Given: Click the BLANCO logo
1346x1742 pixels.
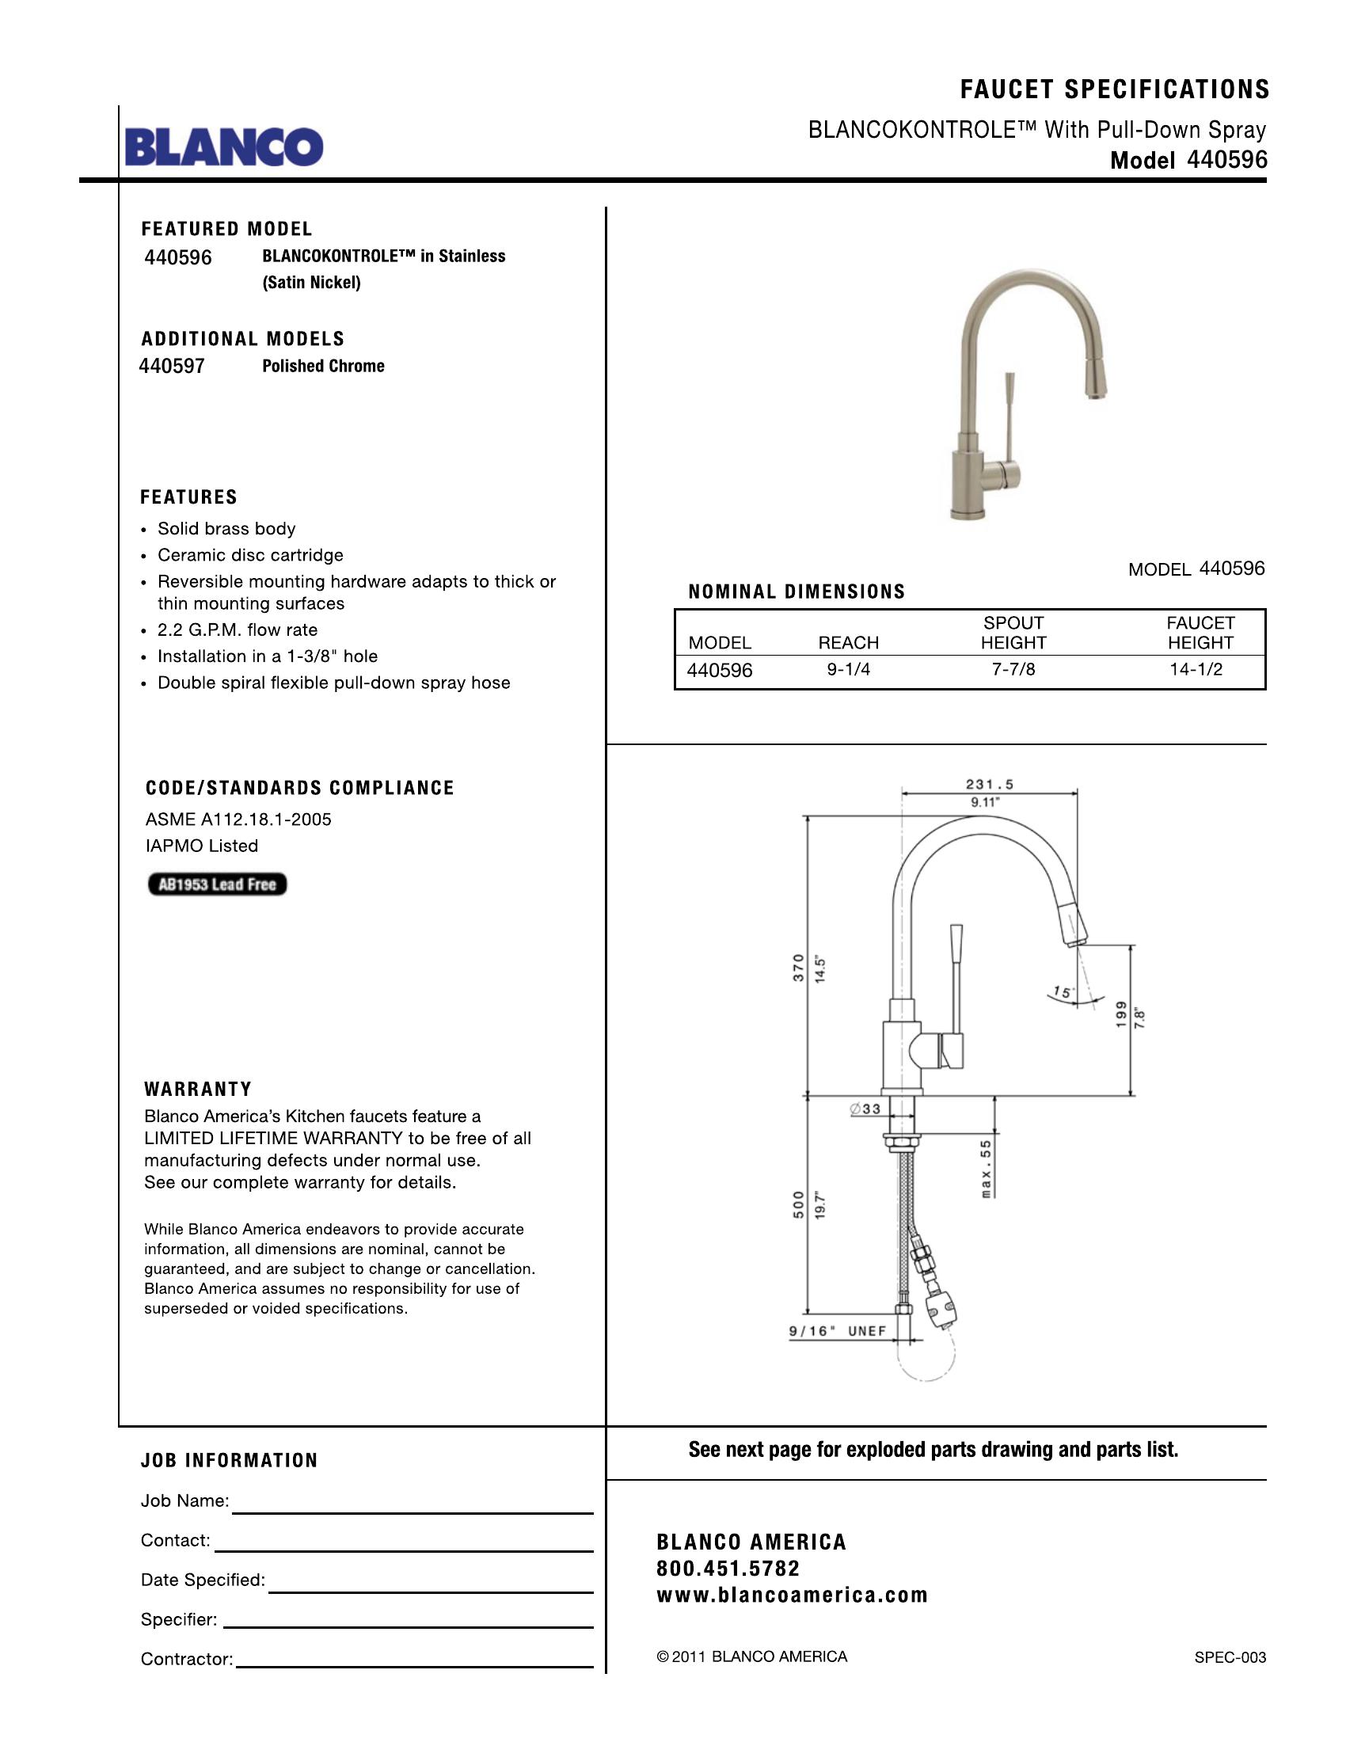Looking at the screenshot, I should coord(224,146).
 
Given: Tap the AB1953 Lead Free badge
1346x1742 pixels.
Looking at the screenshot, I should coord(217,884).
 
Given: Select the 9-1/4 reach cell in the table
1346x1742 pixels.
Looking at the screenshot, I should coord(849,670).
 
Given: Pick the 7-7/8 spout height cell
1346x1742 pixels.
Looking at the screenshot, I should coord(1013,670).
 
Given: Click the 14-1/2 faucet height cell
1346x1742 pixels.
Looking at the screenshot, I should coord(1196,670).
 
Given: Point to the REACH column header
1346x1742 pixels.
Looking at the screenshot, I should coord(849,643).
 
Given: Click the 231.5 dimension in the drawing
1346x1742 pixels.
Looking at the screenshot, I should coord(990,785).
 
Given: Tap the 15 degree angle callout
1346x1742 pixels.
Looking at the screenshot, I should coord(1062,993).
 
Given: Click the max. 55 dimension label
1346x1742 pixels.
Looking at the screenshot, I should coord(987,1170).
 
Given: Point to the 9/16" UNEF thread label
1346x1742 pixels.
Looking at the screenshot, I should coord(837,1331).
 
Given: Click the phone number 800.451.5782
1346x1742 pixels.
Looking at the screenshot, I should coord(728,1569).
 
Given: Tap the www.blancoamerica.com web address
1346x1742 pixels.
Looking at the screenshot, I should coord(793,1596).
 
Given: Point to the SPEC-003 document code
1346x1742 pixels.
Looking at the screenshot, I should coord(1230,1657).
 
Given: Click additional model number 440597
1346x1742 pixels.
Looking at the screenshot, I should coord(173,366).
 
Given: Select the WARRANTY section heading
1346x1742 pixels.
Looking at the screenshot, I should coord(198,1090).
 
